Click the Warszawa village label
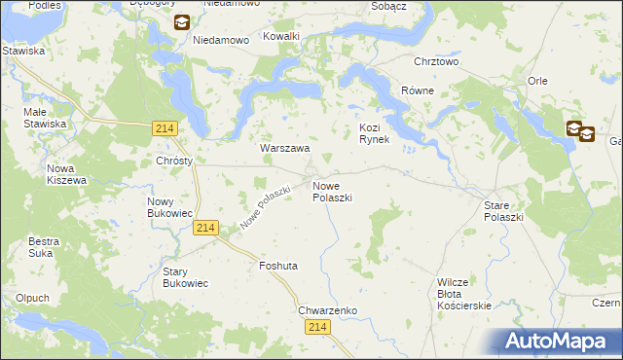pyautogui.click(x=284, y=149)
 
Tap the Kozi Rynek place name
pyautogui.click(x=375, y=133)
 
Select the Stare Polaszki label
pyautogui.click(x=503, y=211)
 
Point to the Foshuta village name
pyautogui.click(x=278, y=265)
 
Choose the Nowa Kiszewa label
pyautogui.click(x=67, y=174)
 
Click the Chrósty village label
pyautogui.click(x=174, y=161)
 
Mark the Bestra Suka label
pyautogui.click(x=44, y=246)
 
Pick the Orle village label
pyautogui.click(x=538, y=82)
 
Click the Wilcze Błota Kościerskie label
pyautogui.click(x=464, y=293)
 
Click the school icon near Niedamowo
pyautogui.click(x=180, y=23)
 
